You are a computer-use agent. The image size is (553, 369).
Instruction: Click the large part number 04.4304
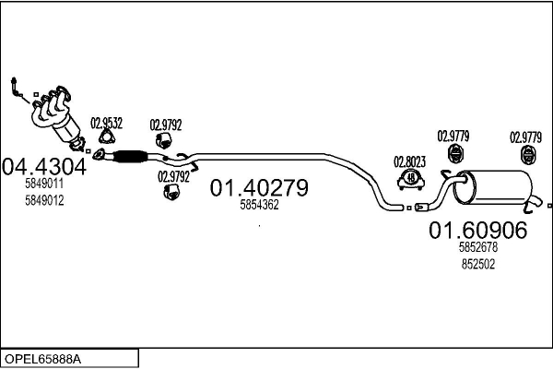click(44, 166)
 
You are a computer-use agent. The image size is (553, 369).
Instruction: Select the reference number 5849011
click(44, 184)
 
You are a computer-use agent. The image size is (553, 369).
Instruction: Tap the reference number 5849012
click(44, 200)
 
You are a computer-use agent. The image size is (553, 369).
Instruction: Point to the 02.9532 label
click(106, 123)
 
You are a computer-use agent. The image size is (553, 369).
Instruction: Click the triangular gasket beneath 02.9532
click(104, 141)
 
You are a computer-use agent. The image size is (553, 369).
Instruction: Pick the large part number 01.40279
click(258, 188)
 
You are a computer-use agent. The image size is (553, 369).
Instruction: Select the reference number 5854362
click(258, 206)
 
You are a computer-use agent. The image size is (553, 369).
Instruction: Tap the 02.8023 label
click(410, 160)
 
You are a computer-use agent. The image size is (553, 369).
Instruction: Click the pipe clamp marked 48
click(411, 177)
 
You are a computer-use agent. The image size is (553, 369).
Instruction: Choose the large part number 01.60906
click(477, 231)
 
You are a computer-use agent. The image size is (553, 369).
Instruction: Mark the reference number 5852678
click(477, 248)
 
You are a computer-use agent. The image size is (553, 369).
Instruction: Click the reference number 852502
click(477, 263)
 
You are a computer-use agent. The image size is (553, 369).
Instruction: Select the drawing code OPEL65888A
click(43, 358)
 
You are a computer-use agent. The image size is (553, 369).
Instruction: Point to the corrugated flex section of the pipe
click(130, 157)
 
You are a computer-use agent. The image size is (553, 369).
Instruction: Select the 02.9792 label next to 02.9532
click(166, 124)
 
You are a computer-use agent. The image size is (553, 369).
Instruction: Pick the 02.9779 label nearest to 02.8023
click(453, 137)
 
